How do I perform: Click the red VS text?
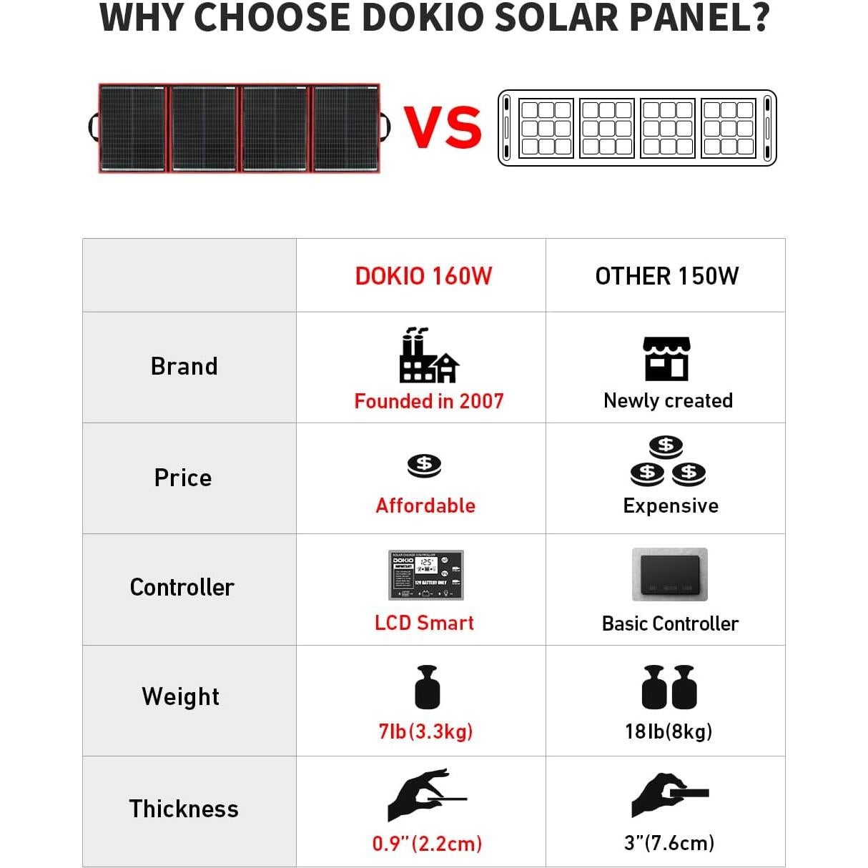click(443, 127)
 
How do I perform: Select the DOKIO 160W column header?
click(423, 276)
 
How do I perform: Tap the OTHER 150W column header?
click(666, 276)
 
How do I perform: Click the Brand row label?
click(184, 366)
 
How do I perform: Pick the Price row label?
click(183, 478)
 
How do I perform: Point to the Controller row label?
click(182, 587)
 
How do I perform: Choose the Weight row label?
click(181, 696)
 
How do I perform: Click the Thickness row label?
click(184, 809)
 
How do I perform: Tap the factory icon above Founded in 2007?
click(428, 356)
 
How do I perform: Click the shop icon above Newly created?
click(666, 359)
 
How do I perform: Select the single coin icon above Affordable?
click(424, 465)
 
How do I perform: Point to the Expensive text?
click(671, 505)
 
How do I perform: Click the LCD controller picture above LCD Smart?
click(425, 575)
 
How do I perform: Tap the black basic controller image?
click(669, 575)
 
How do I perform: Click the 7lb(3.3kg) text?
click(425, 731)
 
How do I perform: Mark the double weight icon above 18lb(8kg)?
click(669, 687)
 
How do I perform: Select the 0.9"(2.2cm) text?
click(427, 844)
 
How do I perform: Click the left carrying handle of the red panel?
click(93, 127)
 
